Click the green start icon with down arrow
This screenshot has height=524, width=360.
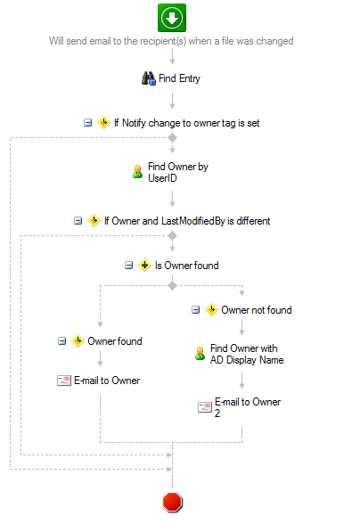coord(172,18)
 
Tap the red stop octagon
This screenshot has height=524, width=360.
coord(173,502)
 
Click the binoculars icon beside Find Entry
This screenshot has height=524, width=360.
coord(149,78)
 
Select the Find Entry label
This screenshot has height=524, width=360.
coord(179,78)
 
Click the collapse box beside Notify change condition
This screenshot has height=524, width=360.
coord(87,123)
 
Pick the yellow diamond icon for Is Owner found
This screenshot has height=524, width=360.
coord(144,266)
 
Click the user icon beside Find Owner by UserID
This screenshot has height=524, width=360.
coord(137,172)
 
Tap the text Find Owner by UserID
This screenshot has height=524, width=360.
coord(178,172)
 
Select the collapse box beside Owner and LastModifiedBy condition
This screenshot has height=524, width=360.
coord(78,221)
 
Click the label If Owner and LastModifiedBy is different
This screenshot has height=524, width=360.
coord(187,221)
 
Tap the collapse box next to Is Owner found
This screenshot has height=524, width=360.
coord(128,266)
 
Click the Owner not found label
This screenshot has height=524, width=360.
coord(257,310)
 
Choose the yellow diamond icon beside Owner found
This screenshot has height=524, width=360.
coord(78,340)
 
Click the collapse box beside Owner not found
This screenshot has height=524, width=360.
coord(195,310)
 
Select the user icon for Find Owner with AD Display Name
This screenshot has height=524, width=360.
coord(200,354)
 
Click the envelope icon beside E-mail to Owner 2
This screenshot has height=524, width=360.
coord(205,407)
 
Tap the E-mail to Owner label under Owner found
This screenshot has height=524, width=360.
coord(107,381)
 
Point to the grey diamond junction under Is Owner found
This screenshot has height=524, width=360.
coord(173,286)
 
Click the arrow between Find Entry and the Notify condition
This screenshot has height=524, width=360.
coord(173,101)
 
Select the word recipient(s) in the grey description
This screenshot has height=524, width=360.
coord(163,41)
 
